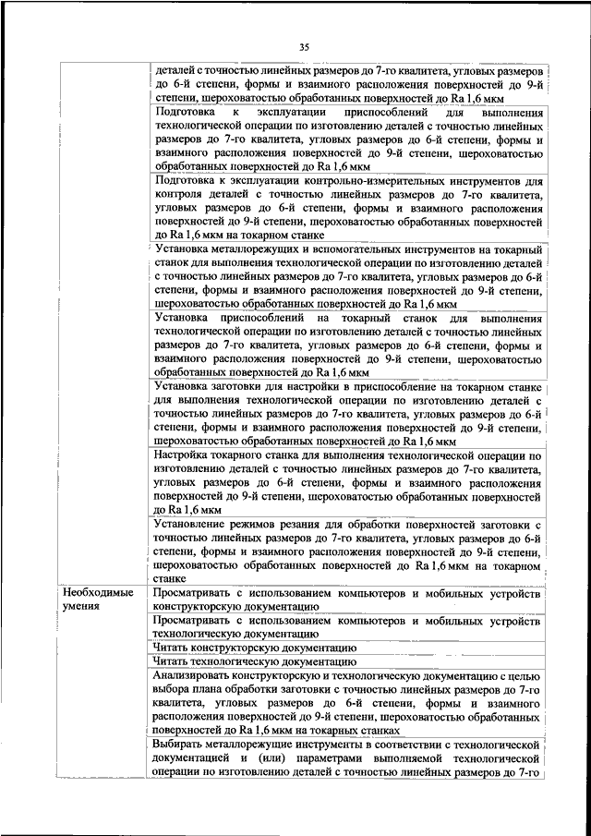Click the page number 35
(305, 46)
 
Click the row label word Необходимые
(98, 591)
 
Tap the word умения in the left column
(82, 606)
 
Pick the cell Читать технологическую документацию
(254, 663)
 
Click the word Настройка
(188, 457)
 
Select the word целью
(525, 677)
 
